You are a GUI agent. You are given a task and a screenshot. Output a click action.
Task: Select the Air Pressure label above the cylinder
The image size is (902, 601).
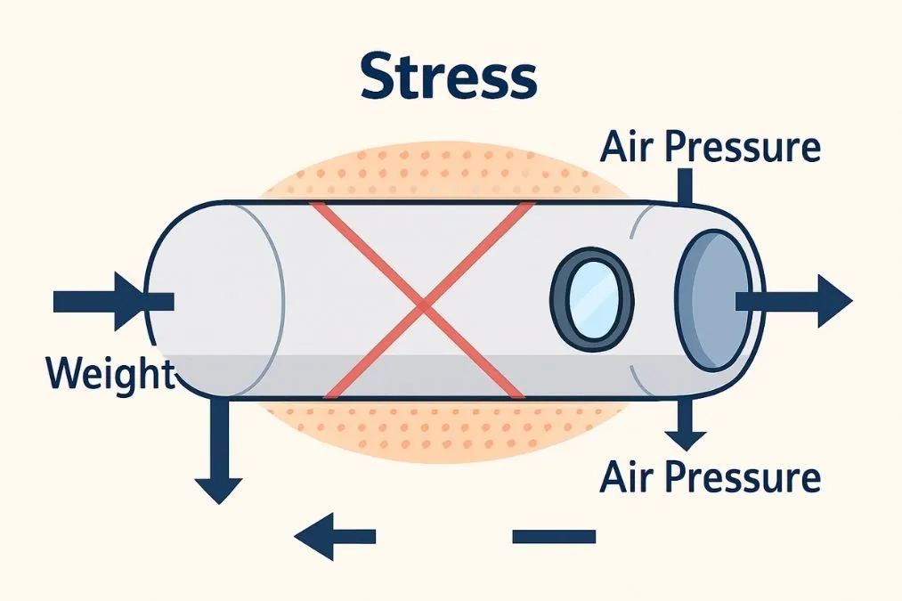[710, 147]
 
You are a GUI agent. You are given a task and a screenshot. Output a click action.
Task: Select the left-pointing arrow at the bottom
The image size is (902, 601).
[334, 536]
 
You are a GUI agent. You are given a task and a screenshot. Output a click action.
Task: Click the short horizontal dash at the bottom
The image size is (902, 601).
[554, 536]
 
